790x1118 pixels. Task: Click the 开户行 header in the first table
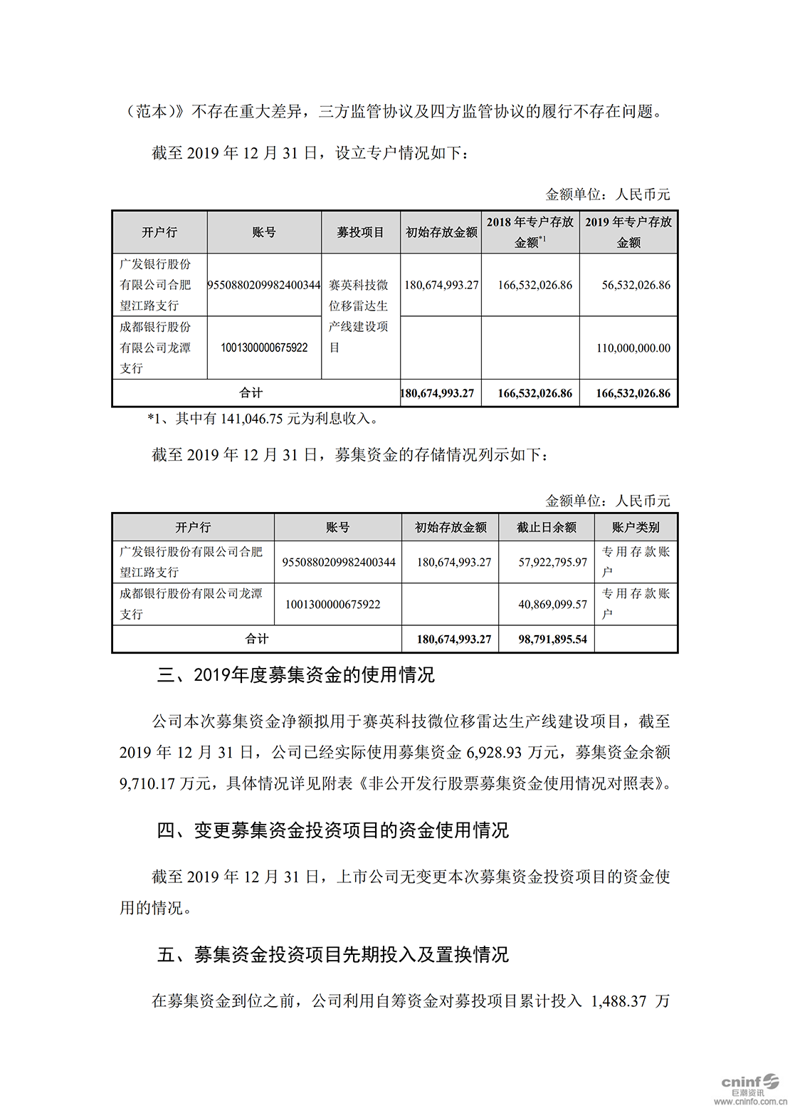[159, 232]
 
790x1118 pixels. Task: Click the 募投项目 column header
[360, 232]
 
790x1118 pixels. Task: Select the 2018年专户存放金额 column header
[530, 232]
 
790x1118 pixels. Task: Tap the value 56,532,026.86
[636, 285]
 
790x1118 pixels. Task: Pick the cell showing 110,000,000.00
[633, 348]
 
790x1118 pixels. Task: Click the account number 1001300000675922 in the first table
[264, 348]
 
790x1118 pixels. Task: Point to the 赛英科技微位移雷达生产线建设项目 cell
[359, 316]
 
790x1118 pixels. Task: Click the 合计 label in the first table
[251, 392]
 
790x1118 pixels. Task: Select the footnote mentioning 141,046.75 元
[263, 419]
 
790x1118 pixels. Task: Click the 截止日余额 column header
[546, 528]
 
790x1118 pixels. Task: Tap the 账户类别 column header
[636, 528]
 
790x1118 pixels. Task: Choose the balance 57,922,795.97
[552, 563]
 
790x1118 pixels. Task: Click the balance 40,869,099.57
[552, 605]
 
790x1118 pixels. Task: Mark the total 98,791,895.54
[552, 639]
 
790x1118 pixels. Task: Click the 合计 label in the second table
[257, 639]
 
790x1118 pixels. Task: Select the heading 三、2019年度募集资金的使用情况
[295, 675]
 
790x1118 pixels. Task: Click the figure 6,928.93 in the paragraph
[494, 753]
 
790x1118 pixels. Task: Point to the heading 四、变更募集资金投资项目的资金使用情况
[332, 830]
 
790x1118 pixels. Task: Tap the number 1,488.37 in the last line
[618, 1001]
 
